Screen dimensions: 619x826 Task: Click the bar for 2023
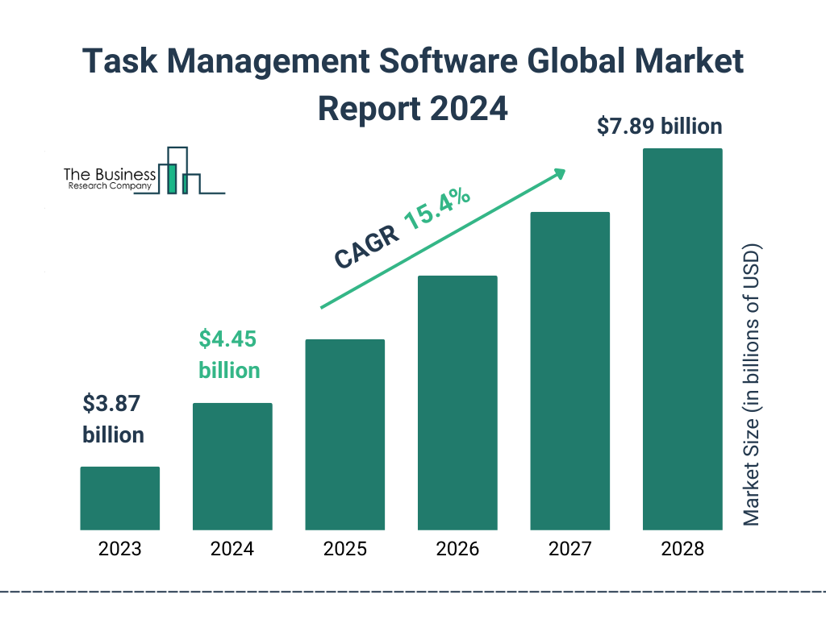coord(119,498)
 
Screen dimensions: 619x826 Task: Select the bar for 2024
coord(232,466)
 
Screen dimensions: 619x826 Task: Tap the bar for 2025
coord(344,434)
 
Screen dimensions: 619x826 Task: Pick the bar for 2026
coord(457,403)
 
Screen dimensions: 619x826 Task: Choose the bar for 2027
coord(569,371)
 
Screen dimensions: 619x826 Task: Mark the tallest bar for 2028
coord(682,339)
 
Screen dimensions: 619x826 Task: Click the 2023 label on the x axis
coord(119,550)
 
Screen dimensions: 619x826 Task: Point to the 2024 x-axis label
coord(232,550)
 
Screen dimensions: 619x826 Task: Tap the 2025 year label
coord(344,550)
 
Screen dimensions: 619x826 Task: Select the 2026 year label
coord(457,550)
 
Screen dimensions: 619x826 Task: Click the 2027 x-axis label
coord(569,550)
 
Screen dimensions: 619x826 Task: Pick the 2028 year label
coord(682,550)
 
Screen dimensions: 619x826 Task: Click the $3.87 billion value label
coord(113,419)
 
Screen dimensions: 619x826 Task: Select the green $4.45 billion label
coord(229,355)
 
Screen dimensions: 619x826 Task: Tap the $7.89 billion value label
coord(659,127)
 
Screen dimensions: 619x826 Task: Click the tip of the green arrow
coord(565,170)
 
